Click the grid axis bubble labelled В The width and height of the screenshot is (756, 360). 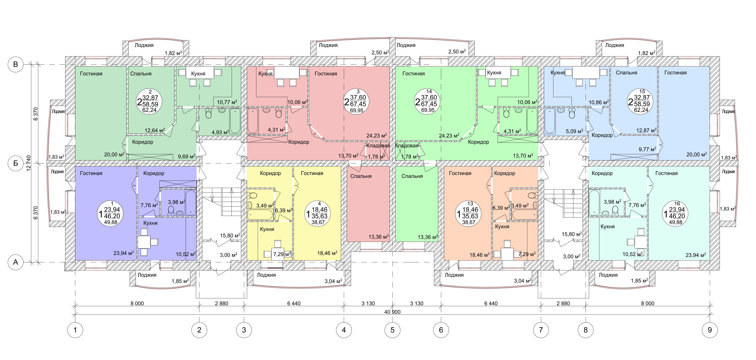click(16, 64)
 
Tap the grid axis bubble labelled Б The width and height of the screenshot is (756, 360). click(16, 163)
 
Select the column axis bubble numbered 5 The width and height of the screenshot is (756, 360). click(392, 330)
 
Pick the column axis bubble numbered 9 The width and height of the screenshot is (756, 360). click(710, 330)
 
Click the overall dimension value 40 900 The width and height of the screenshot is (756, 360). click(392, 312)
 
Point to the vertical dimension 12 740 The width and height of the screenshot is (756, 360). click(28, 163)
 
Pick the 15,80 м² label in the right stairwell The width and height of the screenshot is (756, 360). click(571, 234)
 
